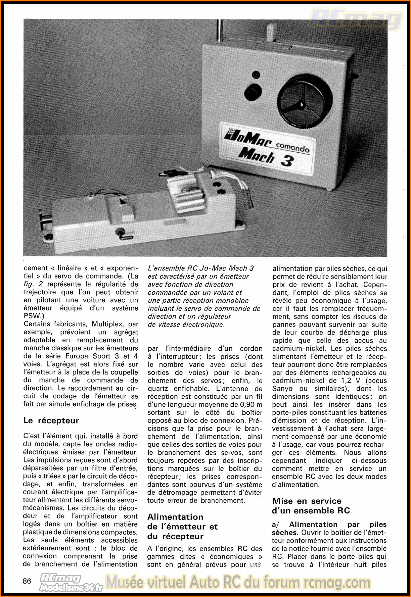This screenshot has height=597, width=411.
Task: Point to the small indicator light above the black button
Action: click(256, 74)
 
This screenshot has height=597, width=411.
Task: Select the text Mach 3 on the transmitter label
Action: click(266, 157)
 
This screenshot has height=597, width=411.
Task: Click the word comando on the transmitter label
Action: click(292, 147)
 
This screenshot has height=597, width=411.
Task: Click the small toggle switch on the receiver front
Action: click(121, 234)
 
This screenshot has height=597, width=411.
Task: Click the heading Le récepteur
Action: click(51, 420)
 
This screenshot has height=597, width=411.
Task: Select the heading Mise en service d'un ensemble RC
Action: click(311, 506)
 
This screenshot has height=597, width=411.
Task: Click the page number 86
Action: click(27, 581)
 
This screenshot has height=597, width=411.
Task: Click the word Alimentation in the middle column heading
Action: click(175, 517)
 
